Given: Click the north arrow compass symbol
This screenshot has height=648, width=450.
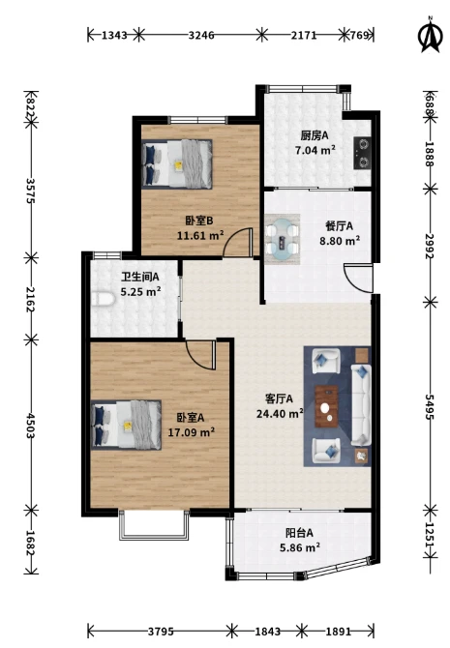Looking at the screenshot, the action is [430, 35].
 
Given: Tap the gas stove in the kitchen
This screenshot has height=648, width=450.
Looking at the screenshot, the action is [362, 153].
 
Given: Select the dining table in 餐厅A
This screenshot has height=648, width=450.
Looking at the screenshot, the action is [282, 239].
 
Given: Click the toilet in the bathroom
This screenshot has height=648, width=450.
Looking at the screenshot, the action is [103, 299].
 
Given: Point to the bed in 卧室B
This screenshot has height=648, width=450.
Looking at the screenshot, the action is [177, 164].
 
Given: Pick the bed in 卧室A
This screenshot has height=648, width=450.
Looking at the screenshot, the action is [126, 425].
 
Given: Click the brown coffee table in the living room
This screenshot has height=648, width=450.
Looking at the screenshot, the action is [326, 406].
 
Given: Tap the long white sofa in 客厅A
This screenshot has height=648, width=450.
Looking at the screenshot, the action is [361, 404].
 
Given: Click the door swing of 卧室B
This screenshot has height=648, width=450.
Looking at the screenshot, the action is [237, 243].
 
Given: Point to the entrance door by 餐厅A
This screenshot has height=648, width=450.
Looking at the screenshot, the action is [358, 278].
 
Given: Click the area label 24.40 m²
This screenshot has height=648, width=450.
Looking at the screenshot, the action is [280, 413].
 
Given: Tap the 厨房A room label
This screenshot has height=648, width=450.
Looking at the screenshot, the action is [315, 135].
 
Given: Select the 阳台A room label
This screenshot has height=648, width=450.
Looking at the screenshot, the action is [299, 533].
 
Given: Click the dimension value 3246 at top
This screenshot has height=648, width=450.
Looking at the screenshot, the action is [201, 35].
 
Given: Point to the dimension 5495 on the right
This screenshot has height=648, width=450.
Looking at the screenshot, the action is [430, 406].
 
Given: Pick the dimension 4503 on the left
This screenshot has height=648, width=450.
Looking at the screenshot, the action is [30, 426].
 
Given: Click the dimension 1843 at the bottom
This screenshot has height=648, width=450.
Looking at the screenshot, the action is [267, 631].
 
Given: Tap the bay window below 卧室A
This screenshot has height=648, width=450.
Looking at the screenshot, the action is [154, 525].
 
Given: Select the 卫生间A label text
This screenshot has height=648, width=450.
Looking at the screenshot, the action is [139, 277].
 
